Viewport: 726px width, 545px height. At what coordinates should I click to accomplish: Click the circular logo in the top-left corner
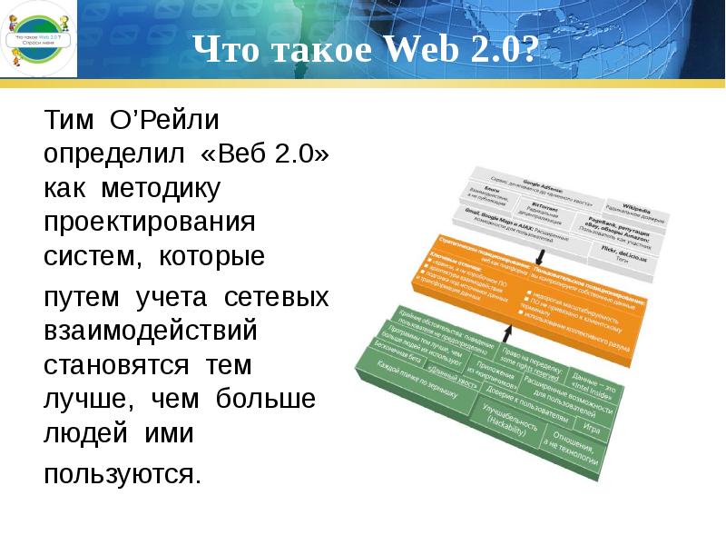[38, 39]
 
